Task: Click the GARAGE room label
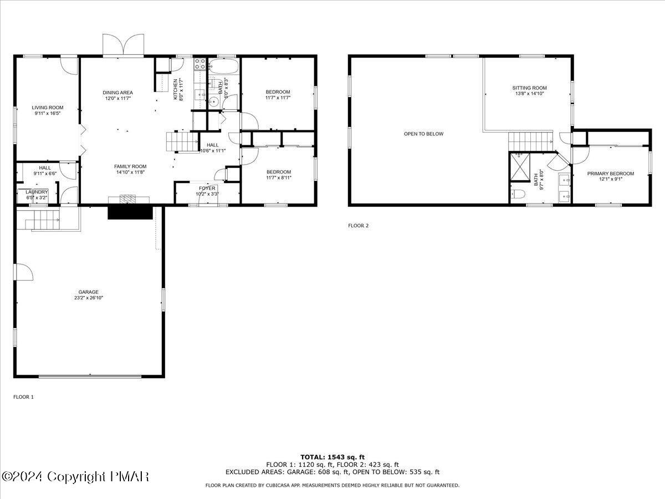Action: [88, 292]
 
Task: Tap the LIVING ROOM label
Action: [47, 108]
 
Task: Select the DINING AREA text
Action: [117, 92]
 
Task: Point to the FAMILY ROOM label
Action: [130, 166]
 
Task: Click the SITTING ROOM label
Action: [529, 88]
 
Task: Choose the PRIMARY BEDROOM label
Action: [611, 174]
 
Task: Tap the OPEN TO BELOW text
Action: [423, 134]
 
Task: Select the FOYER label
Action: [207, 189]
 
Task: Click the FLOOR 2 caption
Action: [358, 226]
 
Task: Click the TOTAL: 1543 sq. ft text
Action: [332, 457]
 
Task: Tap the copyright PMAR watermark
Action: [75, 476]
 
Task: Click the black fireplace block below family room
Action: [130, 212]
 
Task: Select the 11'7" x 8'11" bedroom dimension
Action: [278, 178]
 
